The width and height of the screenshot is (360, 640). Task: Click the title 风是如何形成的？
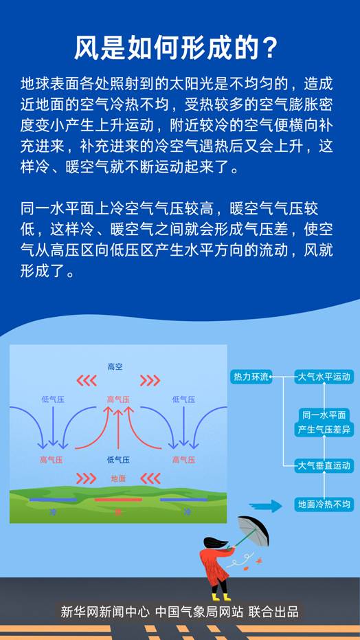(177, 49)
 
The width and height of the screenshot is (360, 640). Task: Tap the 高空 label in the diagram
(115, 367)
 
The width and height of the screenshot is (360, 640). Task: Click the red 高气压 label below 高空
(118, 399)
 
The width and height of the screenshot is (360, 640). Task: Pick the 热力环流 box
(251, 377)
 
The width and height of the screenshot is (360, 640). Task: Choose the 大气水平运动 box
(324, 377)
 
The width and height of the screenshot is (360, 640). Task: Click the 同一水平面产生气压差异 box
(324, 422)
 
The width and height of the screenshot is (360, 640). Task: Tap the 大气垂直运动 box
(324, 466)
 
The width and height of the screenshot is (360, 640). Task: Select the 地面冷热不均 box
(324, 505)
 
